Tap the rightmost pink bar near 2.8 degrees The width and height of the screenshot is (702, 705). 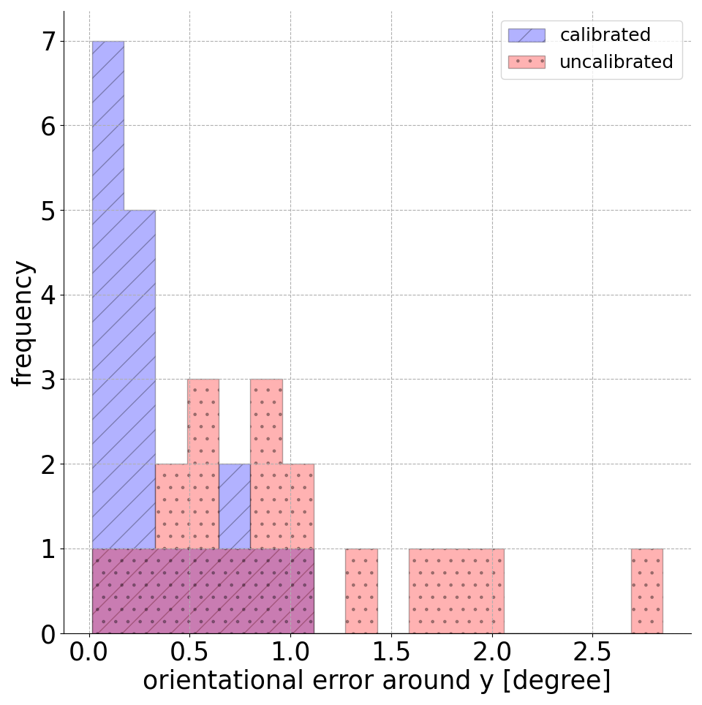(646, 591)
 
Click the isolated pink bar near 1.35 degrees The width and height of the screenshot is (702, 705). (361, 591)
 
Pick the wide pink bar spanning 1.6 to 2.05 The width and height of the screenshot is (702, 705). (456, 591)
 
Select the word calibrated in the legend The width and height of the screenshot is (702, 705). (605, 35)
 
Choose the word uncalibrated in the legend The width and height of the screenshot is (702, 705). (616, 62)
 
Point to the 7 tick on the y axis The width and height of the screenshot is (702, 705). (48, 42)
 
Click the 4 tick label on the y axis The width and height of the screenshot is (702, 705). (48, 295)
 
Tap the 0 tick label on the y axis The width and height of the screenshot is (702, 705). (48, 634)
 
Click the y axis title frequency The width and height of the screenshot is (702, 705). (23, 323)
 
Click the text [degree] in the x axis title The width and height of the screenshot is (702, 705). (562, 681)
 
